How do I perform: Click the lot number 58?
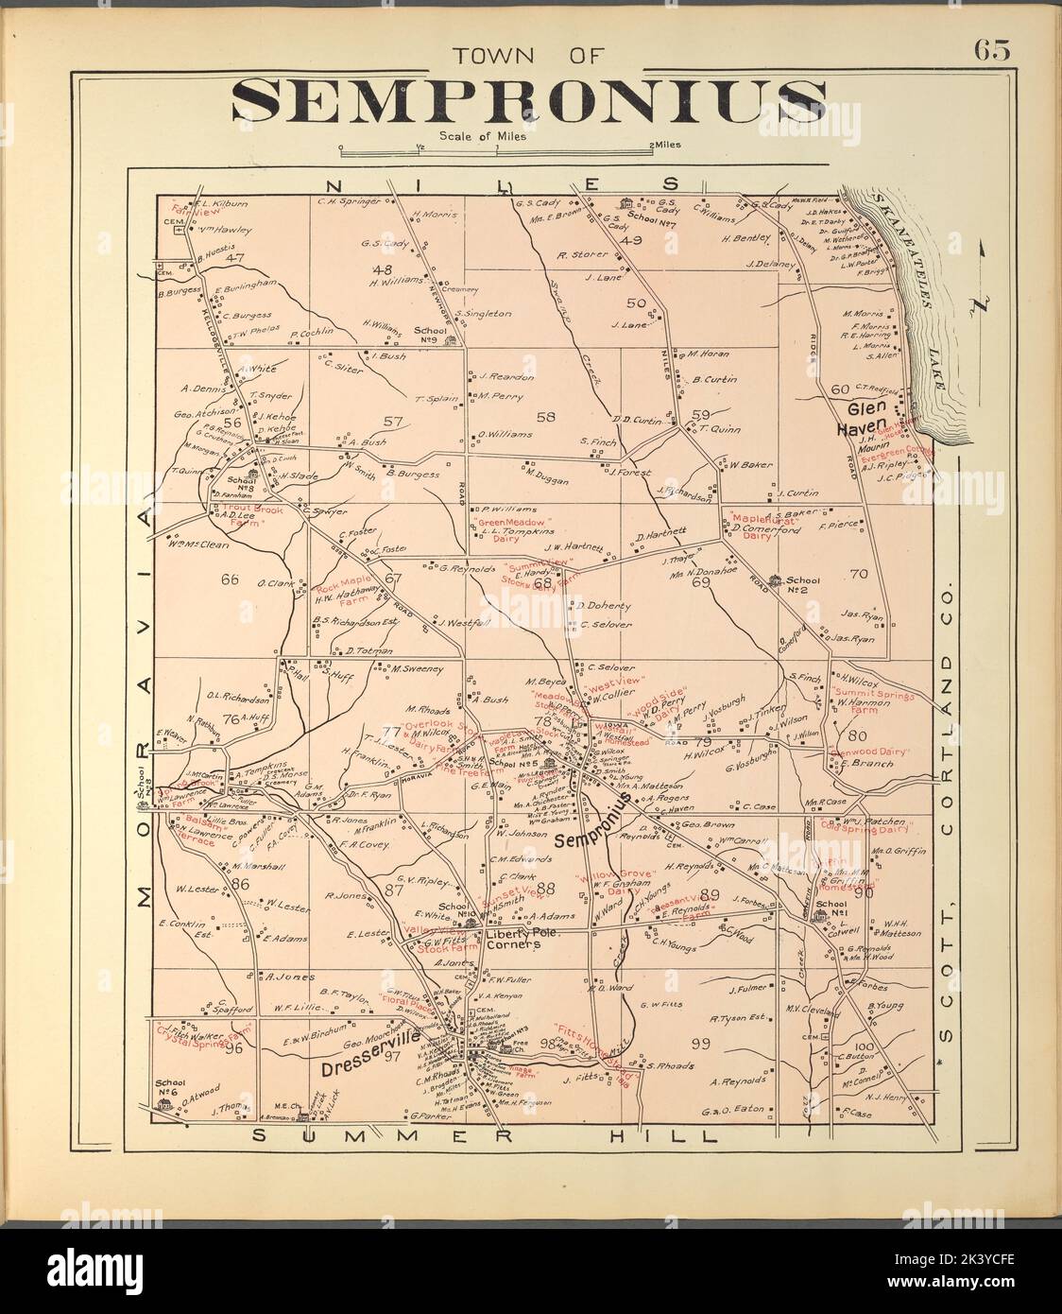tap(544, 416)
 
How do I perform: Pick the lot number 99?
tap(700, 1043)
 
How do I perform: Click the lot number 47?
tap(235, 257)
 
